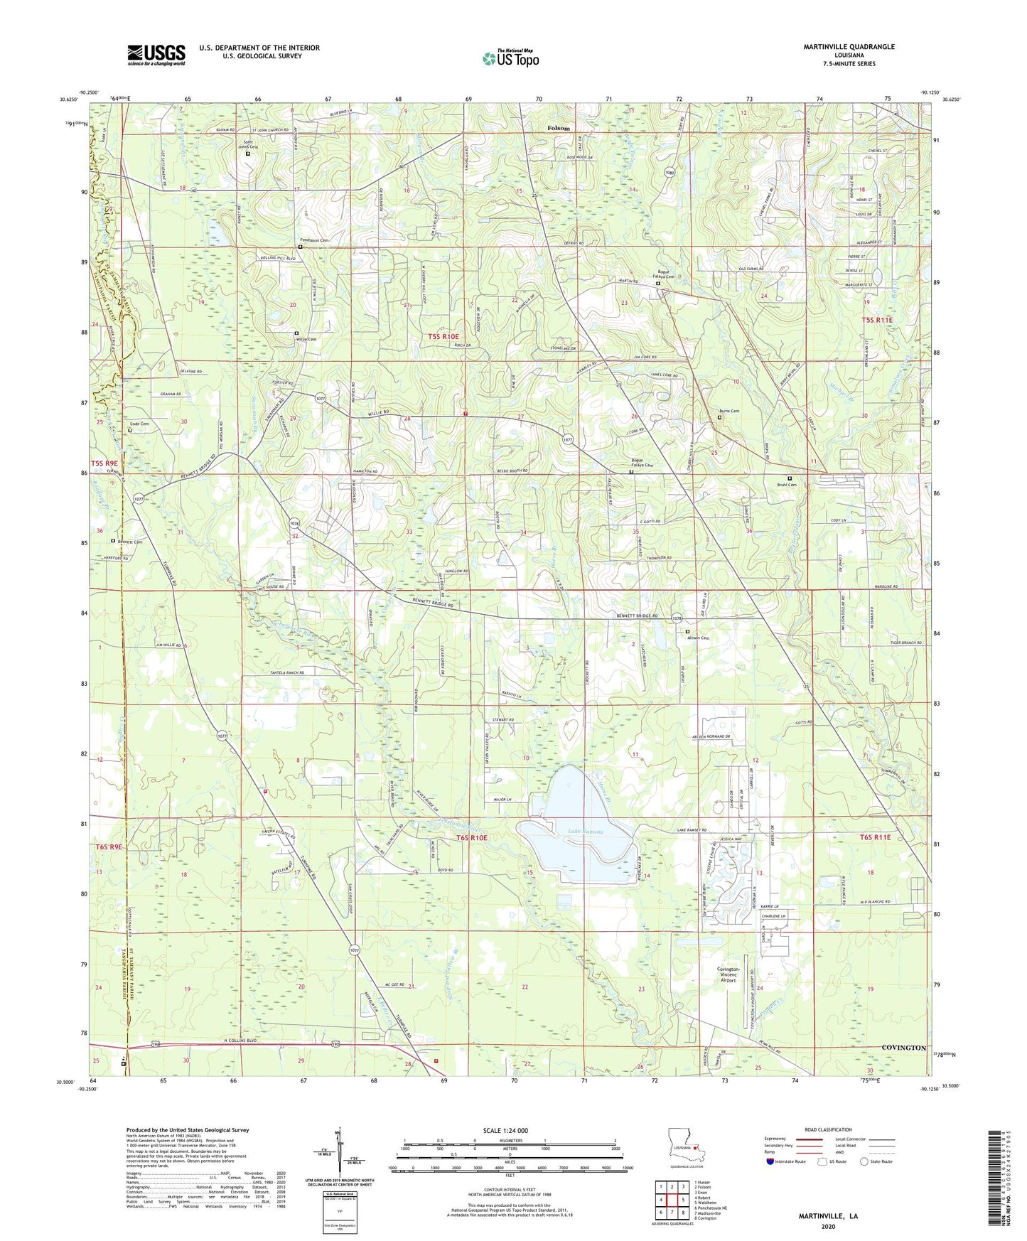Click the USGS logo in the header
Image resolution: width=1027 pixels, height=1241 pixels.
click(156, 54)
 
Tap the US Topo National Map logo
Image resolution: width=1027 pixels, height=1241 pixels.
click(510, 58)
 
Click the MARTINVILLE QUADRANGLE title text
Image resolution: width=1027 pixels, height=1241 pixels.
click(849, 47)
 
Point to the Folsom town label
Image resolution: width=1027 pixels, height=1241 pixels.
click(558, 128)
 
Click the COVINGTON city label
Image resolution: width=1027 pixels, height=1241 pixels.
click(903, 1048)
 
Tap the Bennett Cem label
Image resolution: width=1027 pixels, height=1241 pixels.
click(130, 542)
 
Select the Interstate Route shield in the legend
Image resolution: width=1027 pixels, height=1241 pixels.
click(770, 1161)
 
